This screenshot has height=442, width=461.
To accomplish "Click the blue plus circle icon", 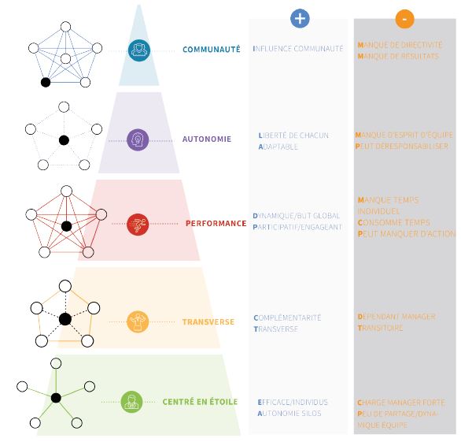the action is pos(300,19).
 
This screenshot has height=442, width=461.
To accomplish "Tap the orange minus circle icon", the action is pos(405,19).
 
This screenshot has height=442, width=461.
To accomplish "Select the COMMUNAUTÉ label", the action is pos(212,49).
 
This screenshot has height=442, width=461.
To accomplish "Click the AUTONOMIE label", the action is pos(207,139).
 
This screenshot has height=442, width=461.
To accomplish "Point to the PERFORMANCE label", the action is pos(216,224).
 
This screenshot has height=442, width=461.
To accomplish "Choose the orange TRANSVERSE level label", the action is pos(208,322).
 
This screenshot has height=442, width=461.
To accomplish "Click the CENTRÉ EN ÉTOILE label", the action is pos(200,402).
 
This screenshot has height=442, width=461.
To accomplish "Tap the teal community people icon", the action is pos(139,50).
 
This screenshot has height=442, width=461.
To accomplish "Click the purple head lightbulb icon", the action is pos(138,140).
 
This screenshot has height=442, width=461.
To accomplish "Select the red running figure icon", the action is pos(138,224).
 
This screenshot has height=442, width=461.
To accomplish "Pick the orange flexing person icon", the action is pos(138,321).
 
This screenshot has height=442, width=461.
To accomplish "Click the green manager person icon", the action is pos(131,402).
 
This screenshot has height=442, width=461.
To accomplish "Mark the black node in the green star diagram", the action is pos(56,398).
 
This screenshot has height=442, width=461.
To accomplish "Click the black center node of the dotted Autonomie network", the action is pos(64,140).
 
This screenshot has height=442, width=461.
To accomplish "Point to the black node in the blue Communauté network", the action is pos(46,83).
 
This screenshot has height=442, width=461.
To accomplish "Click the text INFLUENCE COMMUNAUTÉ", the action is pos(298,49).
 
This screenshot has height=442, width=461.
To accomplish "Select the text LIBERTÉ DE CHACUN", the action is pos(293,136).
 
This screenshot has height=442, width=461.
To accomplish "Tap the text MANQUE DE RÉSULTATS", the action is pos(398,56).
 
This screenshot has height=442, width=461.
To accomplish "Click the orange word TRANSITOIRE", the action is pos(380,328).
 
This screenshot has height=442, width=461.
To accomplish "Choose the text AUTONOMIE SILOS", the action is pos(290,414).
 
